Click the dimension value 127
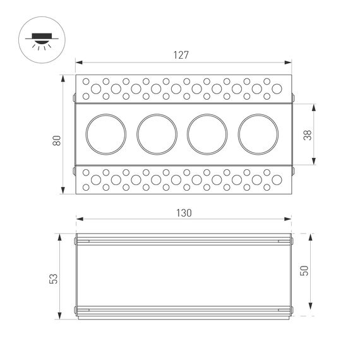(181, 55)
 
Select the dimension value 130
(183, 213)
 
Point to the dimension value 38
(324, 135)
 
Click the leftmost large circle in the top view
(105, 133)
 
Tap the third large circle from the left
(207, 133)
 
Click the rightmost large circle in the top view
(258, 133)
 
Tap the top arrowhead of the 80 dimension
(63, 78)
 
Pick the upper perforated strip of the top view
(183, 88)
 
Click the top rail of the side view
(183, 240)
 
